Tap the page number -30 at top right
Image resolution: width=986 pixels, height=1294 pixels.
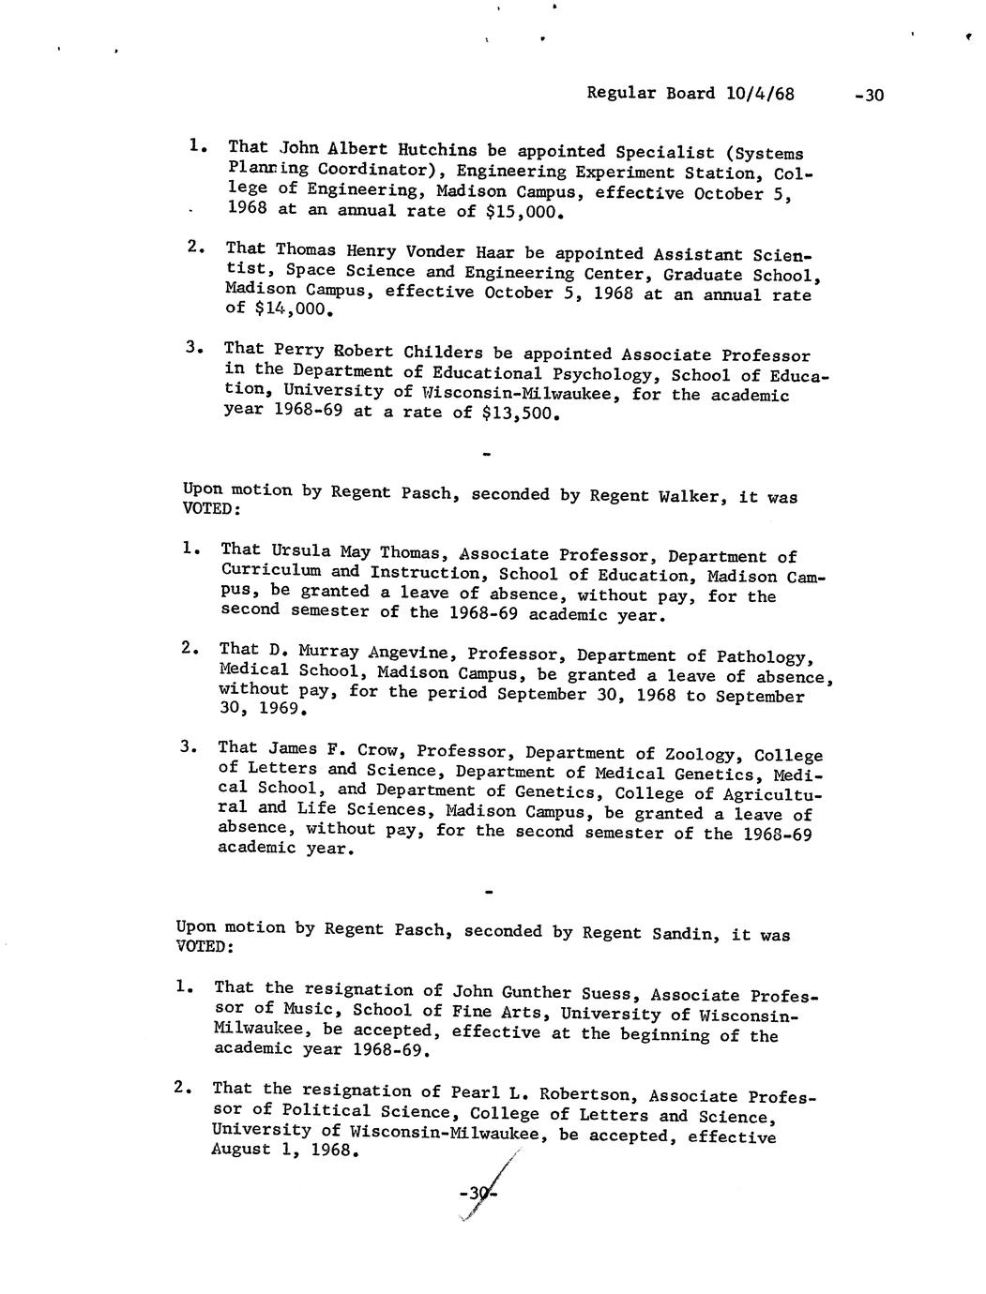(x=870, y=96)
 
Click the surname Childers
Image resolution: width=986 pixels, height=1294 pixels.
(x=443, y=353)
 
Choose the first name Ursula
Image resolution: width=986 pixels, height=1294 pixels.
(x=301, y=551)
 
